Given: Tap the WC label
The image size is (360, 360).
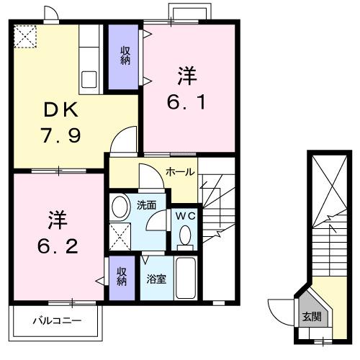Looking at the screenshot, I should (183, 214).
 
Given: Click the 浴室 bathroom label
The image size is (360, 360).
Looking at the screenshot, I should (158, 278).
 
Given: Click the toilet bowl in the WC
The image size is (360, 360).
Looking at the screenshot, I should (184, 235).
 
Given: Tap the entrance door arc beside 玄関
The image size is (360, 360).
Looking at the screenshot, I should (279, 311).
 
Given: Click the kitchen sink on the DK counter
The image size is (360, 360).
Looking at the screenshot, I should (91, 78).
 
